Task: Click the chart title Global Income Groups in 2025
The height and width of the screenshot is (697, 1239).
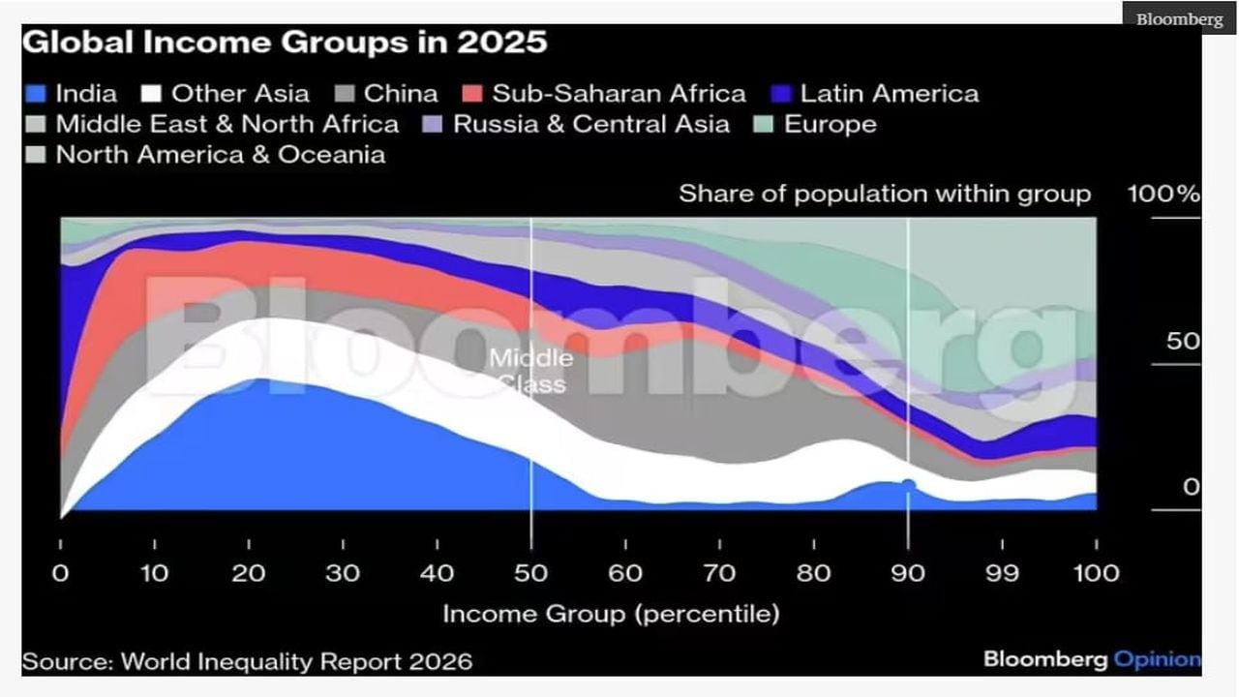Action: click(x=285, y=44)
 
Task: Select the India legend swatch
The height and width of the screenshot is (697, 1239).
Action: click(x=36, y=94)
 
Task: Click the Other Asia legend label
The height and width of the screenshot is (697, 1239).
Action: click(x=240, y=94)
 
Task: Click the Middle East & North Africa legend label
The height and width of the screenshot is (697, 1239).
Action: click(x=227, y=125)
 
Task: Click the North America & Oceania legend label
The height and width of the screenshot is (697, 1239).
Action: click(x=220, y=155)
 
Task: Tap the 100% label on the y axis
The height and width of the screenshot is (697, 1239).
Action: click(x=1163, y=194)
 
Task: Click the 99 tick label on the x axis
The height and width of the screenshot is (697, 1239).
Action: click(x=1001, y=573)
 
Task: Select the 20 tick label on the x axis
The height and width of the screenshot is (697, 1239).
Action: click(x=249, y=573)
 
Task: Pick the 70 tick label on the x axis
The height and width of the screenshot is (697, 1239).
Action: click(x=719, y=573)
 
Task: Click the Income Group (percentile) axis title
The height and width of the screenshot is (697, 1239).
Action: click(x=610, y=614)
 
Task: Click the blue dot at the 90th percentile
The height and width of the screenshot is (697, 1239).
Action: click(x=908, y=485)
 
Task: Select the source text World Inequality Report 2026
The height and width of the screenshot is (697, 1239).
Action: click(x=247, y=662)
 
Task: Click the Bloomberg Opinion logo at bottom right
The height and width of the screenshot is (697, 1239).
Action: click(x=1091, y=660)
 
